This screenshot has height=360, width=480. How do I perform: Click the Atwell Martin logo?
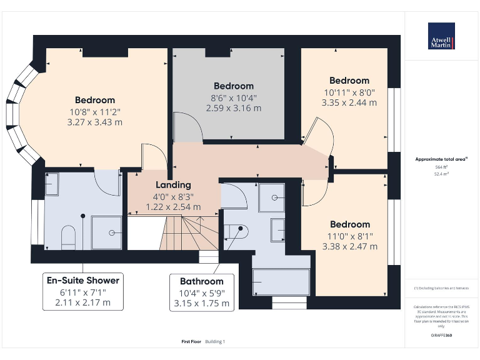point(441,36)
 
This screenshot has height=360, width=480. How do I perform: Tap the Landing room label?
point(173,185)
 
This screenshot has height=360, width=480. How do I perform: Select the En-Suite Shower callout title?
point(82,280)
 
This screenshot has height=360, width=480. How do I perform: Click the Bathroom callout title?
point(201,281)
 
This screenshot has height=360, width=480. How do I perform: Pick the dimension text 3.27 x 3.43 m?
point(94,122)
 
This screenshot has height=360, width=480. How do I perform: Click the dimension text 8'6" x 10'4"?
point(234,97)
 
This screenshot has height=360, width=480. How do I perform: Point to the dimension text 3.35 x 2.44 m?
point(349,102)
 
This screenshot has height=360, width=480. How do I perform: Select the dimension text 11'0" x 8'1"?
point(349,236)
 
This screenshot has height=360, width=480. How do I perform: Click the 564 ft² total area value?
point(441,167)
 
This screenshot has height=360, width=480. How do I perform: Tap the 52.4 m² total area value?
point(441,174)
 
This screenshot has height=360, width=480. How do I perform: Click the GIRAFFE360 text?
point(441,336)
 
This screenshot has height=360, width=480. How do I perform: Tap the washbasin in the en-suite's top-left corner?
point(52,182)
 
